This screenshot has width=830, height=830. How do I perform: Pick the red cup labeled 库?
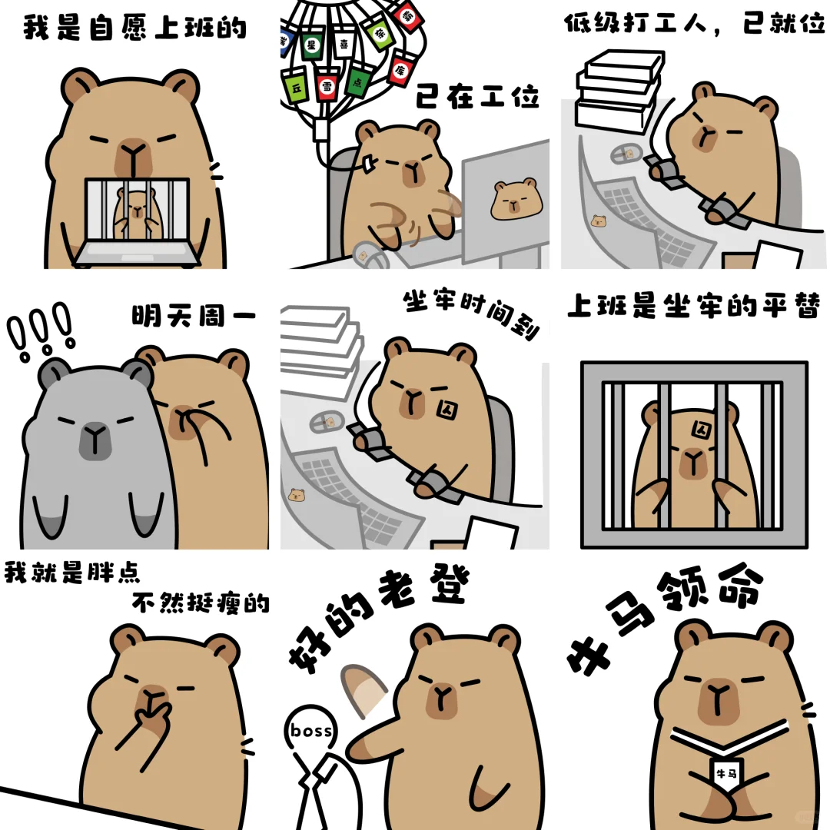pyautogui.click(x=402, y=69)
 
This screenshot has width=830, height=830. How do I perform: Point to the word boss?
pyautogui.click(x=311, y=731)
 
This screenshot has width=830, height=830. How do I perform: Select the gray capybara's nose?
pyautogui.click(x=95, y=440)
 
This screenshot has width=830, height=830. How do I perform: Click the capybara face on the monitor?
pyautogui.click(x=516, y=199)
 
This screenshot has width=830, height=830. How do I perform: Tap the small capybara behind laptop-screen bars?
pyautogui.click(x=137, y=213)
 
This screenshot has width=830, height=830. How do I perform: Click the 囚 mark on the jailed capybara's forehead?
pyautogui.click(x=702, y=430)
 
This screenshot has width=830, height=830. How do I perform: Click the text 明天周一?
pyautogui.click(x=194, y=316)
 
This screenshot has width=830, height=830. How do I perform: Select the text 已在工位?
pyautogui.click(x=477, y=96)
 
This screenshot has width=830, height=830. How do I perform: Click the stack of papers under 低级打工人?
pyautogui.click(x=620, y=90)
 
